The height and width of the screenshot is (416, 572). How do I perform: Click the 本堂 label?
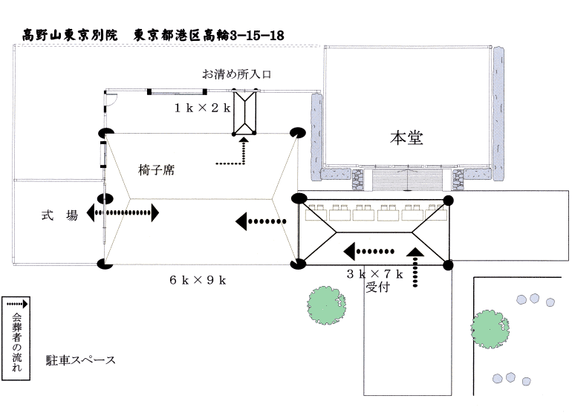click(406, 137)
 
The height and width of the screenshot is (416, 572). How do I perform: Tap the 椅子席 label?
click(156, 170)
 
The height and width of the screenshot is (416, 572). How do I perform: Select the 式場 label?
click(59, 215)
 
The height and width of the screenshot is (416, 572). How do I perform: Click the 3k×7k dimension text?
click(375, 273)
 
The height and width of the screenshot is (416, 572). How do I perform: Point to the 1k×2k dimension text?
click(203, 108)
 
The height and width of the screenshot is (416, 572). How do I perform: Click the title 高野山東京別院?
click(71, 35)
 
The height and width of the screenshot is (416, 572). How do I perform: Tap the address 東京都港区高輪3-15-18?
click(209, 35)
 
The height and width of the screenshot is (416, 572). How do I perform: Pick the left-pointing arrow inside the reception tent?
click(369, 249)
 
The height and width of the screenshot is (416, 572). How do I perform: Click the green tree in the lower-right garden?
click(490, 326)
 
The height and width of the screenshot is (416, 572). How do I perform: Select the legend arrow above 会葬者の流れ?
click(16, 305)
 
